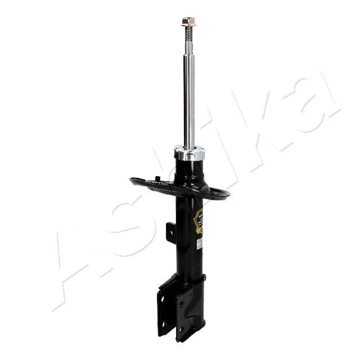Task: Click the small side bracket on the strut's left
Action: (x=170, y=231)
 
